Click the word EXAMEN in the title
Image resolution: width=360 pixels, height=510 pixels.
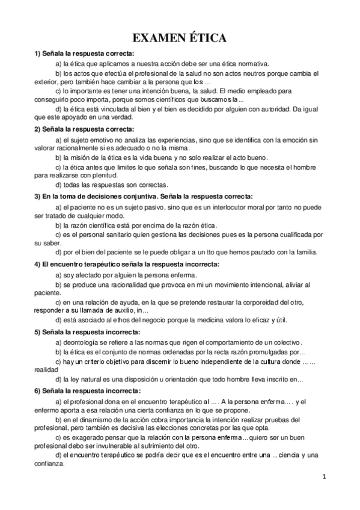tap(159, 38)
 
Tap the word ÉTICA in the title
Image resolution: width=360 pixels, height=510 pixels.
tap(207, 38)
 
